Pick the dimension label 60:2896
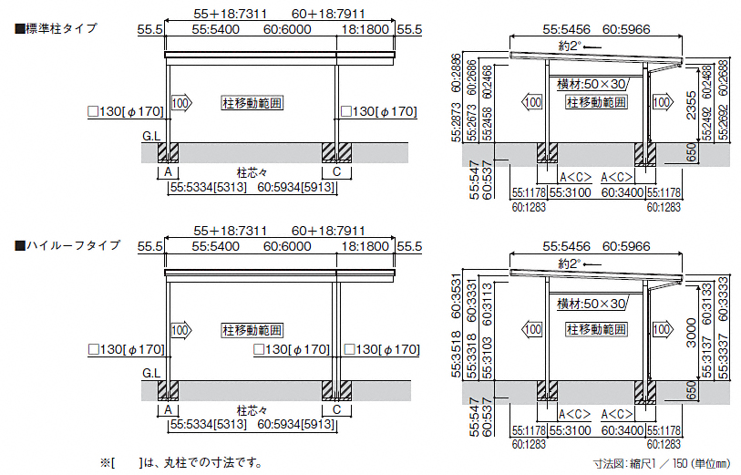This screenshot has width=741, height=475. point(456,71)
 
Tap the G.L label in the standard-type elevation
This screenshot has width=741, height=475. point(151,135)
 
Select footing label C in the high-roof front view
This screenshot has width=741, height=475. point(336,411)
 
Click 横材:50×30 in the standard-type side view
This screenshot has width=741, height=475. point(592,84)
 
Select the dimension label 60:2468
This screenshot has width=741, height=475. point(488,80)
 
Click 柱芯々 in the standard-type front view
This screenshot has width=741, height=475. point(251,171)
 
